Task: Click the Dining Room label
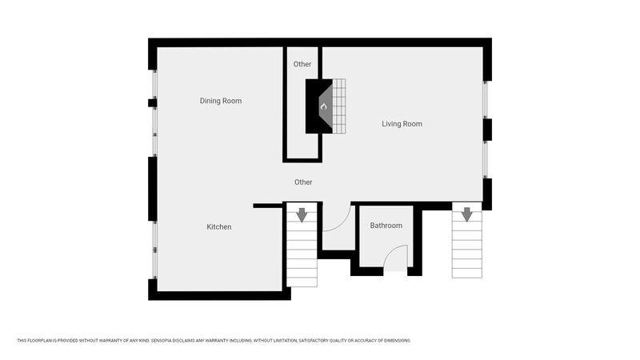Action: (x=221, y=101)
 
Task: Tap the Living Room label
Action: (x=402, y=124)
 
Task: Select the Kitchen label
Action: (x=218, y=227)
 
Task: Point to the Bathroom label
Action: (x=386, y=226)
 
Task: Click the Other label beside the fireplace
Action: (x=302, y=64)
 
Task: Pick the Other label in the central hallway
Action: (x=303, y=182)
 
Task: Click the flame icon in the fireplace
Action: (x=324, y=106)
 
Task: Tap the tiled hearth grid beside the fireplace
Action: (x=339, y=106)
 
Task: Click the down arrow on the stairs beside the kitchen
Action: (x=302, y=214)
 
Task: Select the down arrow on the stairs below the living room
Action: (x=467, y=214)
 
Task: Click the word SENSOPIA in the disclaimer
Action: (x=162, y=341)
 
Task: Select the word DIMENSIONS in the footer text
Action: (x=397, y=341)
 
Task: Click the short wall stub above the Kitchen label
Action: (x=268, y=206)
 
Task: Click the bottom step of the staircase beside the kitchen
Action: (x=302, y=282)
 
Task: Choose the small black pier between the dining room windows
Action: (x=152, y=103)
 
